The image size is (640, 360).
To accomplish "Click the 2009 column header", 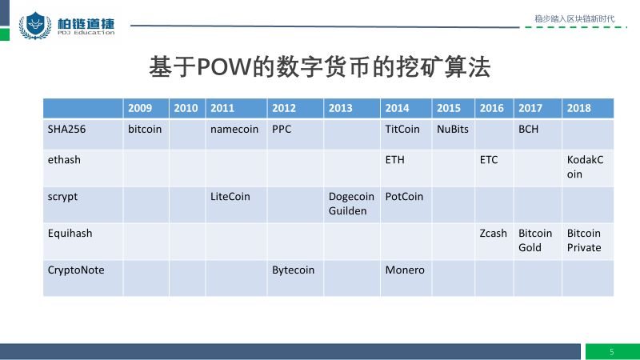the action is click(x=140, y=108).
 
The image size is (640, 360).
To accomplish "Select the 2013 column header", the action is click(x=341, y=108).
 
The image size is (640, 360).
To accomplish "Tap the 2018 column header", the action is click(x=578, y=108).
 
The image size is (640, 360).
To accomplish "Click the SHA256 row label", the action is click(x=66, y=130).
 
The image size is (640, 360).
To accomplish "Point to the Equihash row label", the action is click(x=70, y=234).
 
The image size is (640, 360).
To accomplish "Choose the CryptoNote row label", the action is click(x=76, y=270).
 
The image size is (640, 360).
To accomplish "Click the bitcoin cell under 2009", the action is click(x=145, y=130).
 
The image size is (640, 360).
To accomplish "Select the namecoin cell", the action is click(x=234, y=130).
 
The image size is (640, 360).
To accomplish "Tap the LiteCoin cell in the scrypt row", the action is click(x=230, y=197).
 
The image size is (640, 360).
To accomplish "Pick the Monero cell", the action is click(x=405, y=270).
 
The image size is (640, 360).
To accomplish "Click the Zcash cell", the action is click(x=493, y=234).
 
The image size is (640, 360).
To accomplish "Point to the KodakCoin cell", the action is click(x=585, y=167).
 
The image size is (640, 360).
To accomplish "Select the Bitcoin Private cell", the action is click(x=584, y=241).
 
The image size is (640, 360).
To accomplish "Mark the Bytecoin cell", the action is click(x=293, y=270).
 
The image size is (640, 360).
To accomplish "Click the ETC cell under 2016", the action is click(x=489, y=160).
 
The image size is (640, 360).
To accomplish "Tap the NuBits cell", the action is click(x=453, y=130).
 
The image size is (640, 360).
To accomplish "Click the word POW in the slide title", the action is click(x=223, y=66).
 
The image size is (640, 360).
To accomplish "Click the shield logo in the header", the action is click(x=35, y=26).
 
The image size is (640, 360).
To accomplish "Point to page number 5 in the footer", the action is click(x=611, y=352).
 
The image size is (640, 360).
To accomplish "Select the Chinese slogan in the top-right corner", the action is click(x=574, y=18).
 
